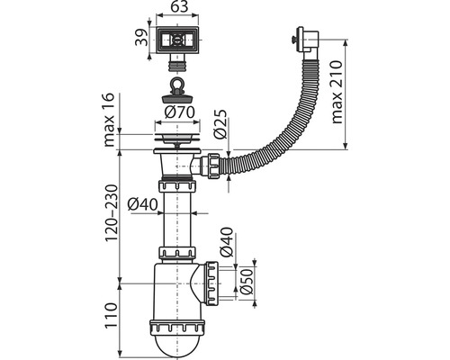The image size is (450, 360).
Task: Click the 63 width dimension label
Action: pos(178,6)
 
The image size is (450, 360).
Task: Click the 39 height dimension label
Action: pos(141,38)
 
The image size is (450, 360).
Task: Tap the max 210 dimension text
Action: pos(337,92)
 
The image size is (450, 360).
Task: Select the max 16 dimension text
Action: pos(109,120)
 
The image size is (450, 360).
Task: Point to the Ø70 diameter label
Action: pos(179,112)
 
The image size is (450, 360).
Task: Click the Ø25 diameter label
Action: pos(220,124)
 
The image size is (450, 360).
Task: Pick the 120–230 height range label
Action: pos(111,213)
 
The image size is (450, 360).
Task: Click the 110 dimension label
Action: pos(111,316)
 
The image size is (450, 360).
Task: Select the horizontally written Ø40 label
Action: pos(142,204)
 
